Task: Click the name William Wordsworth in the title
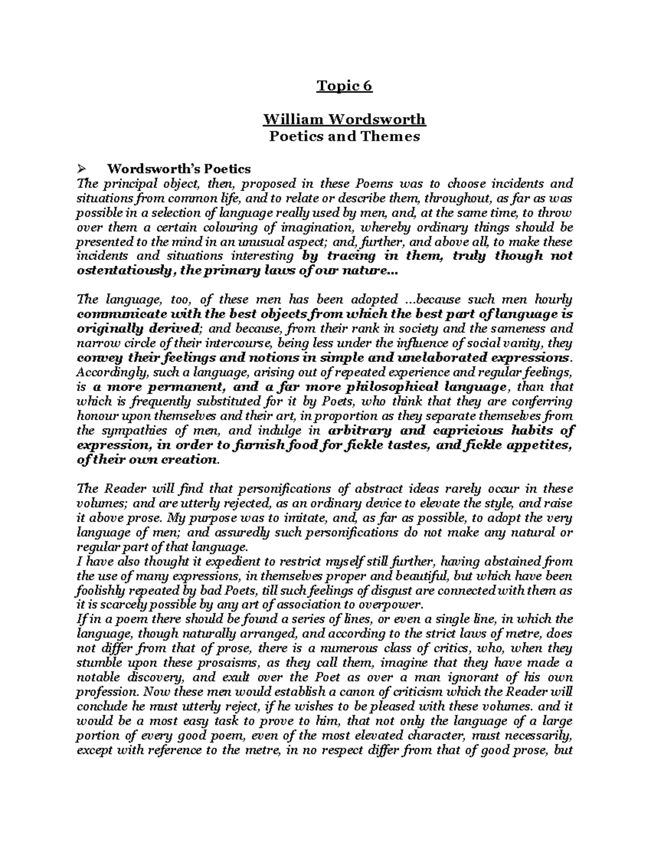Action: tap(344, 119)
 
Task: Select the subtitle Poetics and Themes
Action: tap(344, 136)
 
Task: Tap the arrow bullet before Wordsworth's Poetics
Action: tap(82, 169)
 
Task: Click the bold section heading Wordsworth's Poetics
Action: tap(179, 169)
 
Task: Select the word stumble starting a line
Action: tap(96, 663)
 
